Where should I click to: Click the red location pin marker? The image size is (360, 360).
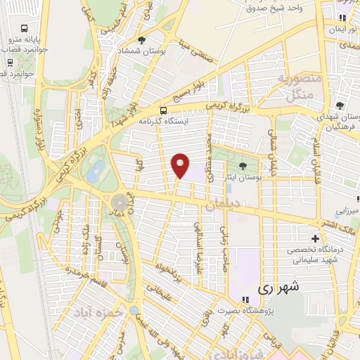[181, 166]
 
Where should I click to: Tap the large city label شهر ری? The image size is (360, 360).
[278, 287]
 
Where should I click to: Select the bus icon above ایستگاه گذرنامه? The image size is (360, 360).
[164, 110]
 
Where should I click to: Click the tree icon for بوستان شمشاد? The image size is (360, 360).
[141, 40]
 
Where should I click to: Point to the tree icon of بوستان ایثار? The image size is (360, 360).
[243, 166]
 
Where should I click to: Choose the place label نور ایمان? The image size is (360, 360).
[342, 30]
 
